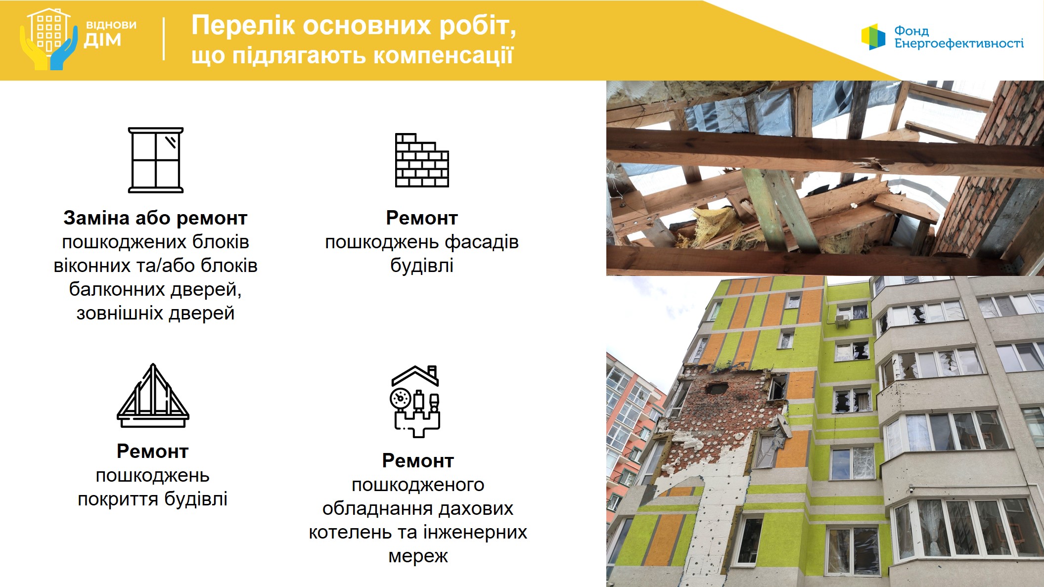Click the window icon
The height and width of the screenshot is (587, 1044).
pos(156,160)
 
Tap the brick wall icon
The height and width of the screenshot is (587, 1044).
pos(422,160)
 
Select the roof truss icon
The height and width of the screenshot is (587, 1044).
pos(153,396)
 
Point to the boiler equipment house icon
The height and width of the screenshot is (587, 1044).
pos(415,401)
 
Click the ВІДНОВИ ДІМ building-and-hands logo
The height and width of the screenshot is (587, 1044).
pos(48,39)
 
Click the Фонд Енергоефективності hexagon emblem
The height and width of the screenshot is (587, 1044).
pos(873,37)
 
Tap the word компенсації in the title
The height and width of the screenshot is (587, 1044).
pos(443,55)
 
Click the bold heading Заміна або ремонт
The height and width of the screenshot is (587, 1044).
pos(155,218)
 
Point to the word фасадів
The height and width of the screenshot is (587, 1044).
pos(481,242)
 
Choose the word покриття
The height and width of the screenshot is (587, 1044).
pos(118,499)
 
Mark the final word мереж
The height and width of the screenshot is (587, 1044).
pos(418,556)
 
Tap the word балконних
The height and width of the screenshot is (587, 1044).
pos(121,289)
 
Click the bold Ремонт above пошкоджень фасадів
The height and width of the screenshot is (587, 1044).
pos(422,218)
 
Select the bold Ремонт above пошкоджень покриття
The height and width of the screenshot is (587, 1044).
pos(152,452)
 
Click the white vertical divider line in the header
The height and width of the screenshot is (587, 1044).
pos(164,39)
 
